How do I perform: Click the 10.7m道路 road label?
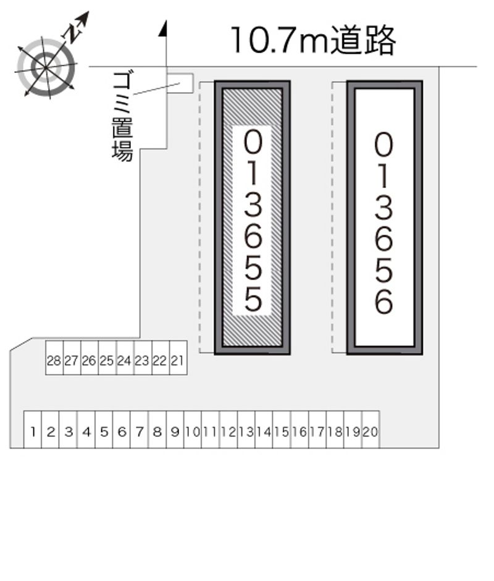point(312,41)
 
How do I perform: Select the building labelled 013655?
point(253,218)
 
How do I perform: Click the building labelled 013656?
point(385,218)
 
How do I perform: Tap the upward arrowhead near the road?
point(164,28)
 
